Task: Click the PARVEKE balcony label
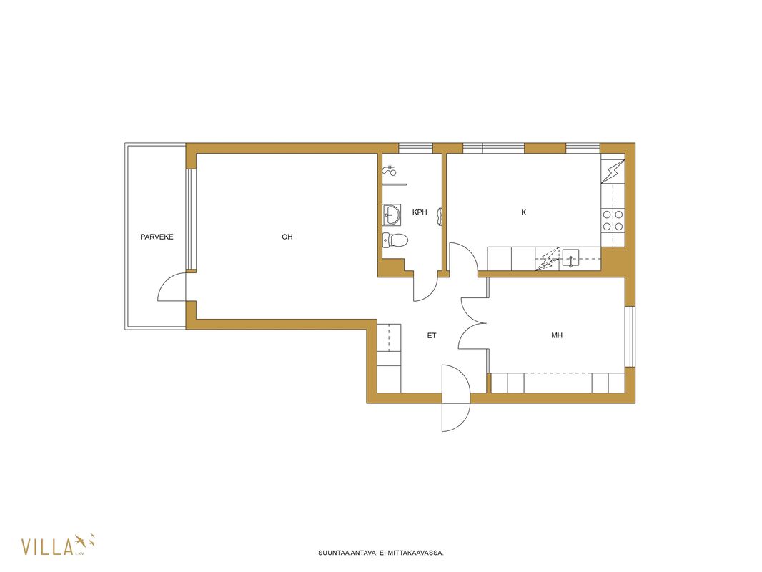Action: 157,237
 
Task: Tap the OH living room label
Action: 287,237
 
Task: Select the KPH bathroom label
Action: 420,212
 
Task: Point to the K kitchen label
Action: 523,212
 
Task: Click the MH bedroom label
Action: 557,335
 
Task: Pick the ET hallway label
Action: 432,335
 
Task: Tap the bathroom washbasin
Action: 392,214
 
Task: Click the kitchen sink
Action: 570,258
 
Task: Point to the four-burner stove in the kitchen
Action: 613,220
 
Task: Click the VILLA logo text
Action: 47,546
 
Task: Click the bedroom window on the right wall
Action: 630,336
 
